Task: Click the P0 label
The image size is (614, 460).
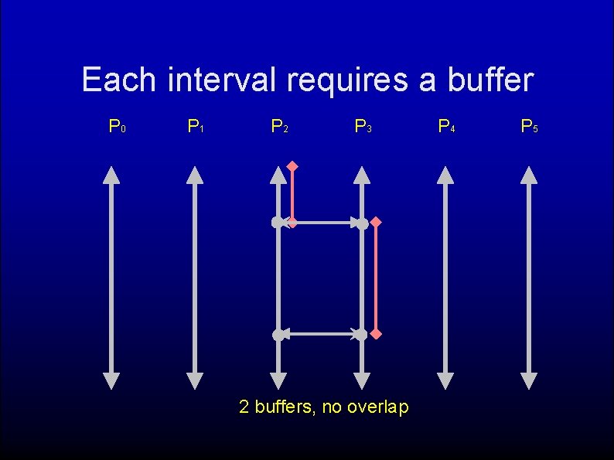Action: coord(118,126)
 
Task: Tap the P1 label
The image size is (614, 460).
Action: coord(196,126)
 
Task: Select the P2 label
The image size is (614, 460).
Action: coord(280,126)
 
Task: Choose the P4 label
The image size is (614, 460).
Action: coord(447,126)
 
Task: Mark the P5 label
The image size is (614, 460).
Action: coord(530,126)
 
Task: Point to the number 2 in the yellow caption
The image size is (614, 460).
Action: coord(244,407)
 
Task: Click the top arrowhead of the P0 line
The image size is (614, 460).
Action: coord(111,175)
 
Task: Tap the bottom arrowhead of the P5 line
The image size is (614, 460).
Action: coord(529,380)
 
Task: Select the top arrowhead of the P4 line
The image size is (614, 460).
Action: coord(445,175)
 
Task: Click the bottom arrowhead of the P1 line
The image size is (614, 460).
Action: coord(195,380)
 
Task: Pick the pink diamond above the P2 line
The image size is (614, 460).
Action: coord(292,165)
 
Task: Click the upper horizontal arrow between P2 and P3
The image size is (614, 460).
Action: coord(320,223)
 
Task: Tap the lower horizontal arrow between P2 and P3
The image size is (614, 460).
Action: coord(320,334)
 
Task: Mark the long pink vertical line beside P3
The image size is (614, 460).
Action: coord(375,278)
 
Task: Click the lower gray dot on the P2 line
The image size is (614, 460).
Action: coord(278,335)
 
